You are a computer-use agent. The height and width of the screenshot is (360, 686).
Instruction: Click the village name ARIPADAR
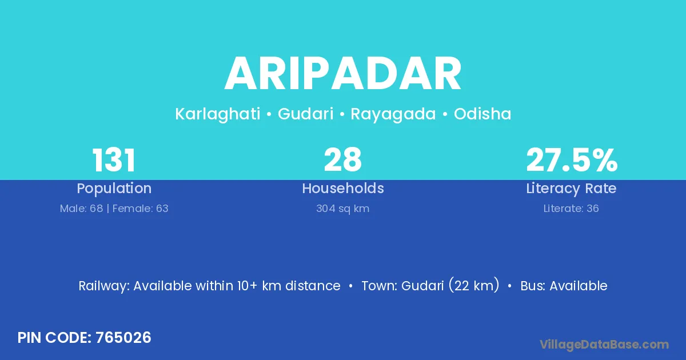pos(343,74)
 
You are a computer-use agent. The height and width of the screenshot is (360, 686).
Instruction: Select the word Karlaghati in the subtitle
pos(218,114)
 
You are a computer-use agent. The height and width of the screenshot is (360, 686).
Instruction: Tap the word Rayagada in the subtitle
pos(393,114)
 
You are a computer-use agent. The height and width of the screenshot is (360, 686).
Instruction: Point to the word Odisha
pos(482,114)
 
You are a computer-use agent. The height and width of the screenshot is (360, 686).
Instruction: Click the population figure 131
pos(114,160)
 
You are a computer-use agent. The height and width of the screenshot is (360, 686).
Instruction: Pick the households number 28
pos(343,160)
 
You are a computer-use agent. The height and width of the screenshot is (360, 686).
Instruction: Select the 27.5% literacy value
pos(572,160)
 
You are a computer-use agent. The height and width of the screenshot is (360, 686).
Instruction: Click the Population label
pos(114,189)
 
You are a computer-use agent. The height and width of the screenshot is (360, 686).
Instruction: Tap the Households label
pos(343,188)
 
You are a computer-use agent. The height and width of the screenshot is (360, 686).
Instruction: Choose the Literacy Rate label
pos(572,189)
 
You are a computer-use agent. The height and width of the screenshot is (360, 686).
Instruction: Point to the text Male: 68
pos(81,209)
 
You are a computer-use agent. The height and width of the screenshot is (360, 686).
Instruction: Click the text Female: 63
pos(141,209)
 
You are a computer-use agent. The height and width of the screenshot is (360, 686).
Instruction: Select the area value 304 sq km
pos(342,209)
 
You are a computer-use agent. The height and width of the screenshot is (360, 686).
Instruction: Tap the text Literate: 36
pos(571,209)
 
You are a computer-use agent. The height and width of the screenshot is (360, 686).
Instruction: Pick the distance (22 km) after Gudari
pos(474,285)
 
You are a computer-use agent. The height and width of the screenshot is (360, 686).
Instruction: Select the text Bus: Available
pos(564,286)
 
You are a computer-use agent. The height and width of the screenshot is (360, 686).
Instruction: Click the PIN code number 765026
pos(123,338)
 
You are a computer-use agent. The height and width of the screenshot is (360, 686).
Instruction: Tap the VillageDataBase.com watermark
pos(604,345)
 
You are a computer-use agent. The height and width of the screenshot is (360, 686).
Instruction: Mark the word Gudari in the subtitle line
pos(306,114)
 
